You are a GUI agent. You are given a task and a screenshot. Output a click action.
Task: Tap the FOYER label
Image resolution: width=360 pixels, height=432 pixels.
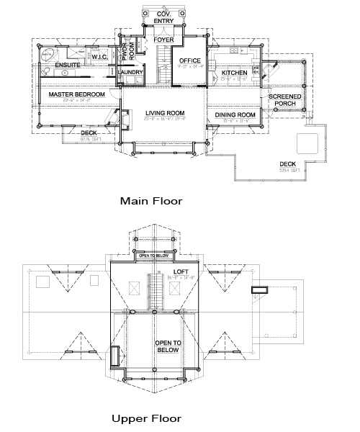163,39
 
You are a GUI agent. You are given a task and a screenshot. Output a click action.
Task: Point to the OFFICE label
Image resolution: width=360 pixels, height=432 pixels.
190,60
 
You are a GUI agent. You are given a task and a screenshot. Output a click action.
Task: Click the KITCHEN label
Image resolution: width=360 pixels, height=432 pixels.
235,73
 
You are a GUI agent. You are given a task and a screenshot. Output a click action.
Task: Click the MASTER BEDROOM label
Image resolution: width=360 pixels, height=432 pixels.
76,94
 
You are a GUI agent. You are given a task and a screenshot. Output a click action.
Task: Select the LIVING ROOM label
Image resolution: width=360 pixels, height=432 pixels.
165,113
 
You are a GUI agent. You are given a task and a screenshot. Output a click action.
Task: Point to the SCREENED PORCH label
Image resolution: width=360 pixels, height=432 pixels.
285,99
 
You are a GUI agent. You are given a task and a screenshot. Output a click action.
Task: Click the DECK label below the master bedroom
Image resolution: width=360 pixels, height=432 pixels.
89,132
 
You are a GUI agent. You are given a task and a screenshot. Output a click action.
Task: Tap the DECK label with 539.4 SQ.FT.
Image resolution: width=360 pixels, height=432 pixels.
288,165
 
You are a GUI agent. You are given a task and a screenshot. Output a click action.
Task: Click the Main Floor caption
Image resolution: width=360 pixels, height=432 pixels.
151,201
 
